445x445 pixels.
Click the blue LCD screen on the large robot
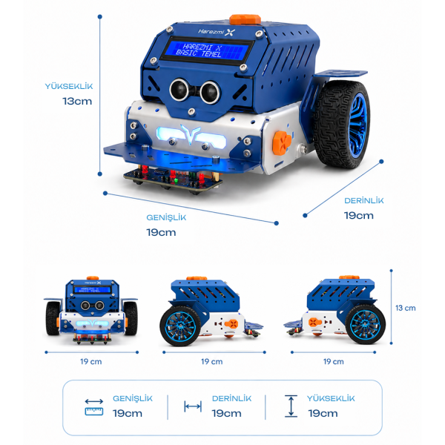tap(207, 50)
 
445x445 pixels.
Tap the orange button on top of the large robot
tap(245, 19)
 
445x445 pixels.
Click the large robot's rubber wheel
tap(343, 125)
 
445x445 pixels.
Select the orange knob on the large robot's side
tap(282, 142)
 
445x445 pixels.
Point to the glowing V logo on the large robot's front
tap(190, 133)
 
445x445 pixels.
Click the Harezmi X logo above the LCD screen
tap(217, 32)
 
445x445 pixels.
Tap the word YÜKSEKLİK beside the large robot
tap(69, 86)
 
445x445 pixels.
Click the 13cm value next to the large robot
tap(77, 101)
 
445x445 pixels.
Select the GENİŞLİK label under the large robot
tap(166, 217)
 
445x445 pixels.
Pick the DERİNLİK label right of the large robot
tap(364, 201)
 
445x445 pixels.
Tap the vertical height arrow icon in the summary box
tap(291, 406)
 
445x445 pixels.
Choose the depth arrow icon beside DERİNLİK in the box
tap(193, 406)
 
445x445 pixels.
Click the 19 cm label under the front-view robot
tap(90, 362)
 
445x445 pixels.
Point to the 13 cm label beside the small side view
tap(405, 308)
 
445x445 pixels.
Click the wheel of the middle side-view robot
tap(180, 326)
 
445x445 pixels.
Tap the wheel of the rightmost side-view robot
tap(365, 324)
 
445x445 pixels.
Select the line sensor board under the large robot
tap(173, 179)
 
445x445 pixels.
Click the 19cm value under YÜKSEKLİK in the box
tap(323, 413)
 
